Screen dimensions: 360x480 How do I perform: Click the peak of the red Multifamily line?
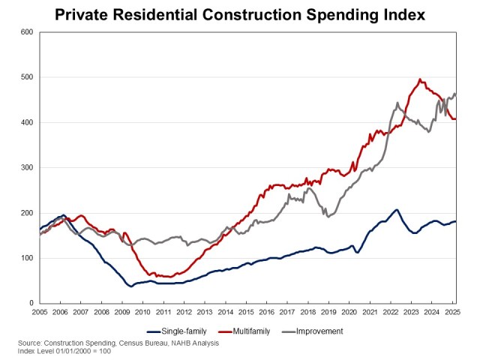tap(420, 79)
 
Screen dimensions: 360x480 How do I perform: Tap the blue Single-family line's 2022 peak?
tap(397, 210)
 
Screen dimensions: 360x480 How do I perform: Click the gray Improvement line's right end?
tap(455, 94)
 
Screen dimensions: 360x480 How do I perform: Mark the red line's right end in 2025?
tap(455, 118)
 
